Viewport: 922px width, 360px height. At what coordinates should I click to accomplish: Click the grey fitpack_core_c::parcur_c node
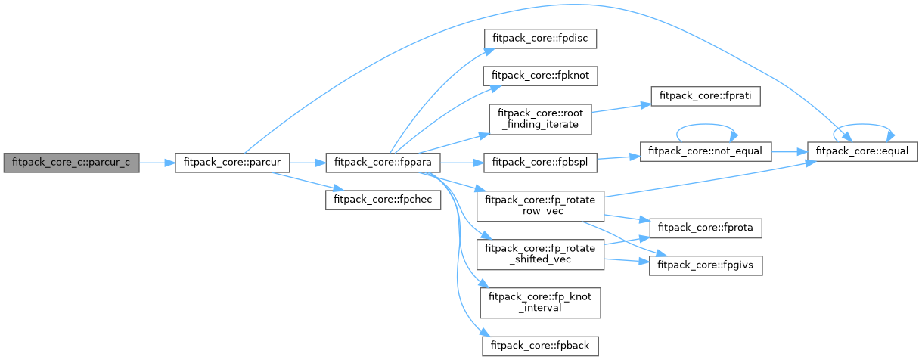tap(71, 163)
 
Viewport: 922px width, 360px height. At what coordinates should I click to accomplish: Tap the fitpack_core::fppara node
tap(383, 163)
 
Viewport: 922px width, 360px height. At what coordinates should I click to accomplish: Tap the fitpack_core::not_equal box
tap(705, 151)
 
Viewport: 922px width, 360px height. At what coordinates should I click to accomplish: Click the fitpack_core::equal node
tap(863, 151)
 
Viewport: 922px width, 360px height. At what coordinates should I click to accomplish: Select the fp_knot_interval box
tap(541, 302)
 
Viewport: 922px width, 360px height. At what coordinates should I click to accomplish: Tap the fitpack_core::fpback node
tap(541, 345)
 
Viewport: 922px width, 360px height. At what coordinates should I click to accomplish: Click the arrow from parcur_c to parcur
tap(157, 163)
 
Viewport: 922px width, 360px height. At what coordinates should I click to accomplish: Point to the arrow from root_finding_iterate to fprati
tap(616, 108)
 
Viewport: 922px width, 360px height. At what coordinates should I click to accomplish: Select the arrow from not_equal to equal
tap(790, 151)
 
